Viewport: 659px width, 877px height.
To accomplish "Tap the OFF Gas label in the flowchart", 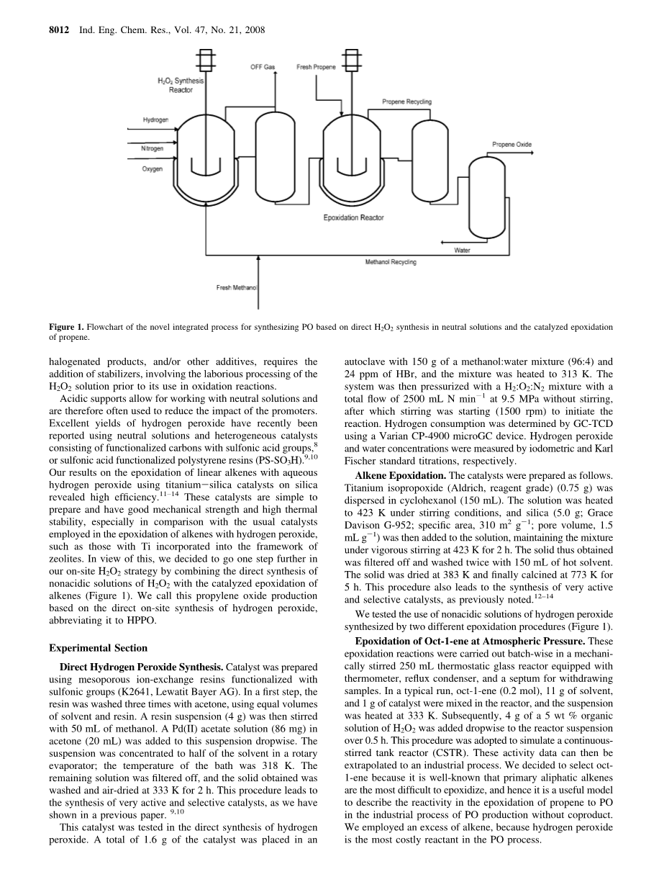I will pyautogui.click(x=263, y=67).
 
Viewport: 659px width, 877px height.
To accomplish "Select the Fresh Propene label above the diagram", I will pyautogui.click(x=317, y=67).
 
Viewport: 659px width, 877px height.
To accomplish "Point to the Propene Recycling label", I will pyautogui.click(x=406, y=102).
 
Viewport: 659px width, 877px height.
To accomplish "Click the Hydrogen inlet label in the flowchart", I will pyautogui.click(x=155, y=120).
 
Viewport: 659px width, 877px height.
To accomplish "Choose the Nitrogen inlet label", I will pyautogui.click(x=152, y=148).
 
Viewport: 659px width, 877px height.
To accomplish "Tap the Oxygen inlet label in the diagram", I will pyautogui.click(x=152, y=168).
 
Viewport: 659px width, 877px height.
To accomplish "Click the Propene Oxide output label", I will pyautogui.click(x=512, y=145).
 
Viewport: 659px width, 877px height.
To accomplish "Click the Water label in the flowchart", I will pyautogui.click(x=462, y=251).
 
